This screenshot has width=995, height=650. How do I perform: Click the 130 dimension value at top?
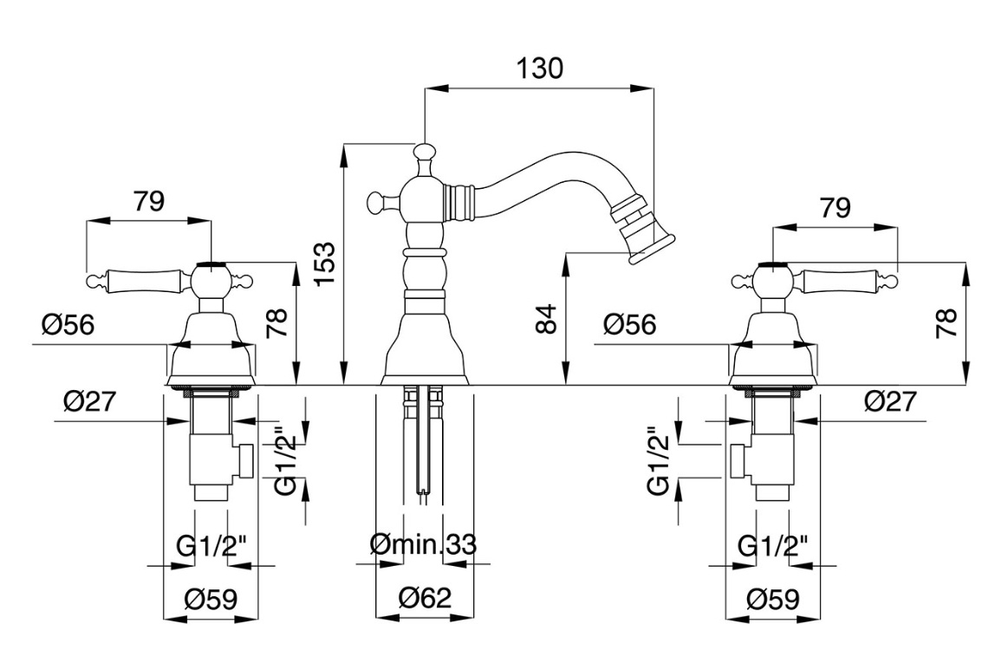(539, 68)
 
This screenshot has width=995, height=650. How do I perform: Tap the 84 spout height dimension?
(546, 319)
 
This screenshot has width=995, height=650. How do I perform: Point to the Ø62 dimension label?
(426, 598)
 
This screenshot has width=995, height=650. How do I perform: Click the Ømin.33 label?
(423, 544)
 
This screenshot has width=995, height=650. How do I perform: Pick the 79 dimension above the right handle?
(835, 208)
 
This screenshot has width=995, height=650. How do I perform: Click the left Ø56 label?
(68, 325)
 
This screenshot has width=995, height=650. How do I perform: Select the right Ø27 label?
(890, 401)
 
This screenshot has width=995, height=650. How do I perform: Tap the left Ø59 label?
(211, 599)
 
